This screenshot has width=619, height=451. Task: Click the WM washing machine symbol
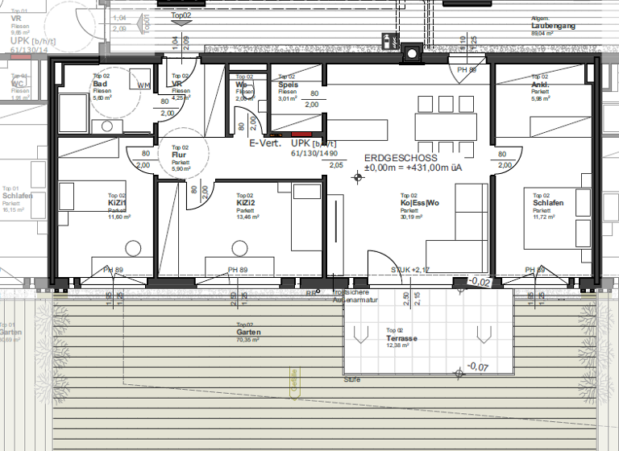(x=144, y=85)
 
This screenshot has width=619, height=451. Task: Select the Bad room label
(x=100, y=85)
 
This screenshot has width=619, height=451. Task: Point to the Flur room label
(x=179, y=155)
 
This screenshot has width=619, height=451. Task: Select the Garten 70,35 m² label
(x=247, y=332)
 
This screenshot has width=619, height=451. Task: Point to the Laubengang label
(x=553, y=27)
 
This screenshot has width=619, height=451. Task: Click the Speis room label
(x=289, y=85)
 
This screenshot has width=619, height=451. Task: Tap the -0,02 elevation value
(x=480, y=282)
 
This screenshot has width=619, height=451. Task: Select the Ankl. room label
(x=540, y=85)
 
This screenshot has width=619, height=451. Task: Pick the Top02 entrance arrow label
(x=181, y=15)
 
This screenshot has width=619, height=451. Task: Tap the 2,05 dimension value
(x=336, y=164)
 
